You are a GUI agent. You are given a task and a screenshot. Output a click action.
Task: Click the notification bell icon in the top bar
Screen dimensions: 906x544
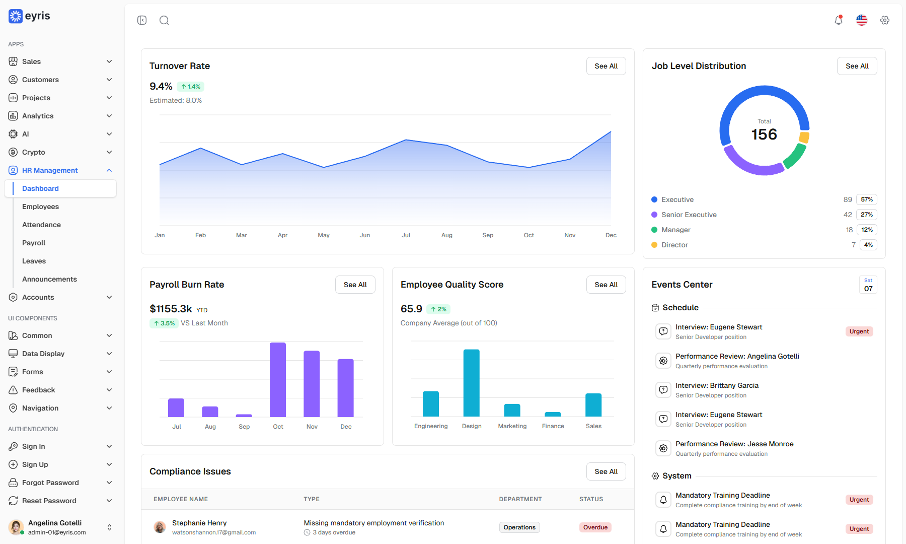[x=839, y=20]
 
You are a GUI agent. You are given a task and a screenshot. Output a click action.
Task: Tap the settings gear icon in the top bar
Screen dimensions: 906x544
[x=885, y=20]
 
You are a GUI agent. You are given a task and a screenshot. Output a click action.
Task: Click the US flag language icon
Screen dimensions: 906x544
[x=862, y=20]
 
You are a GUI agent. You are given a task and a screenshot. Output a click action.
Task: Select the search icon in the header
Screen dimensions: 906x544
[x=164, y=20]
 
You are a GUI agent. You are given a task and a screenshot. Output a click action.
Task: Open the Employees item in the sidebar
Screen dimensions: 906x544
[x=40, y=207]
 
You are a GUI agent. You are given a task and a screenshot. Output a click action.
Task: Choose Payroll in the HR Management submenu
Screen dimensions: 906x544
[x=34, y=243]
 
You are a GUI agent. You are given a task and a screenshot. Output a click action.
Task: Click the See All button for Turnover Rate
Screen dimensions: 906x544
[x=606, y=66]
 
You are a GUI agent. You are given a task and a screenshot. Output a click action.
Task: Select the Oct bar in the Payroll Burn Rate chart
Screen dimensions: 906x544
[x=278, y=380]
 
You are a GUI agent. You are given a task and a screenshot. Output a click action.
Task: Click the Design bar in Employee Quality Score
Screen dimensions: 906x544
[x=472, y=383]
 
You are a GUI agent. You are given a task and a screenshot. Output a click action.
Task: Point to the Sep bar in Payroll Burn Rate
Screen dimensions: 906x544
[x=244, y=416]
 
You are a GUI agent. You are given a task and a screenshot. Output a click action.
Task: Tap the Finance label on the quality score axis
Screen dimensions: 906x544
[x=553, y=426]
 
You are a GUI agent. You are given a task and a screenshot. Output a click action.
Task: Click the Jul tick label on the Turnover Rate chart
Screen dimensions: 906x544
[x=406, y=235]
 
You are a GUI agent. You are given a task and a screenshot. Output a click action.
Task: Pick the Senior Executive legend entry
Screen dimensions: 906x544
[x=689, y=215]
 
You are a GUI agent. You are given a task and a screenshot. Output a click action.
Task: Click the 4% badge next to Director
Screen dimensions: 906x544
[x=868, y=245]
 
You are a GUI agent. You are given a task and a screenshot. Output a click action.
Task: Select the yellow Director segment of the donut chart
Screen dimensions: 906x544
[x=804, y=138]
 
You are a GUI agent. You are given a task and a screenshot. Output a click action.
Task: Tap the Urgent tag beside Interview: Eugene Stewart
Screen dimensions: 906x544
[x=859, y=331]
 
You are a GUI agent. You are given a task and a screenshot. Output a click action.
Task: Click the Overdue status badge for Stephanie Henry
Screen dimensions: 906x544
[x=595, y=527]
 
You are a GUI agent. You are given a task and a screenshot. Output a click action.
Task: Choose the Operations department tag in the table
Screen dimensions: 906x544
[x=519, y=527]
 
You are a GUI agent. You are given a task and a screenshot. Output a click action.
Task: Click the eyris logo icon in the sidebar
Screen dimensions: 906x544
[x=16, y=16]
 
